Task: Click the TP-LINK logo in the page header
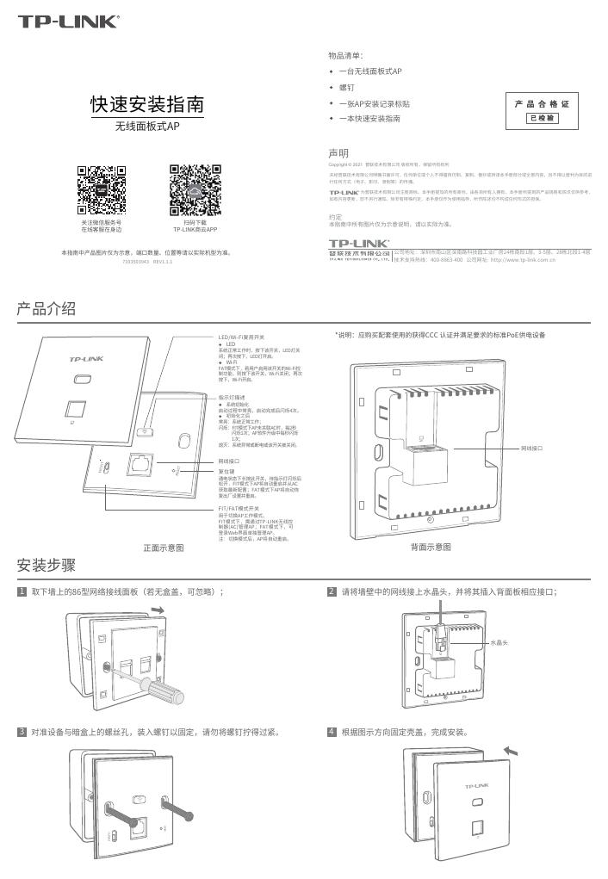(70, 22)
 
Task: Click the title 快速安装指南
(148, 105)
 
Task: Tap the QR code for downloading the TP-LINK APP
(195, 189)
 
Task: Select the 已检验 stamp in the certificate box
(543, 118)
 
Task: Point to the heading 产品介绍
(47, 308)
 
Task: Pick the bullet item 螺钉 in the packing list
(346, 88)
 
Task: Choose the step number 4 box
(332, 733)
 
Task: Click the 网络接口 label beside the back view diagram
(535, 449)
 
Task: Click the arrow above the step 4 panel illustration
(512, 751)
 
